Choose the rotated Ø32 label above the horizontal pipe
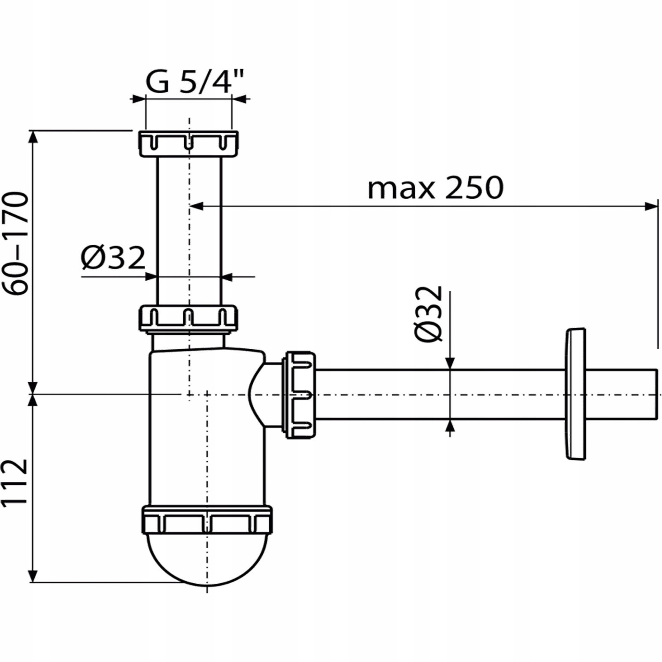pyautogui.click(x=428, y=314)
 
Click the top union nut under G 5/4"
pyautogui.click(x=189, y=144)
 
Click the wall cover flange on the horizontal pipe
pyautogui.click(x=575, y=394)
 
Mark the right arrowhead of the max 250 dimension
pyautogui.click(x=651, y=206)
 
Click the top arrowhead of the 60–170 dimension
pyautogui.click(x=33, y=137)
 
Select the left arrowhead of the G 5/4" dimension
pyautogui.click(x=139, y=99)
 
